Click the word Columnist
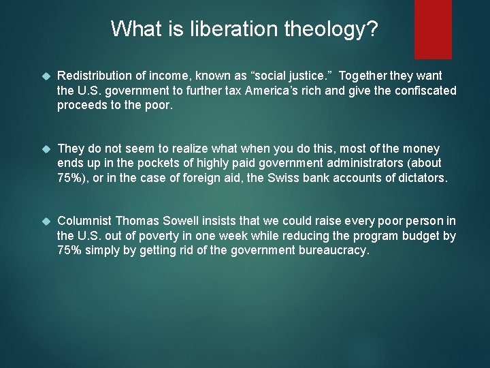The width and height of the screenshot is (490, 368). tap(84, 221)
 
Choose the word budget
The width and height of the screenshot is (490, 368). tap(423, 236)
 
